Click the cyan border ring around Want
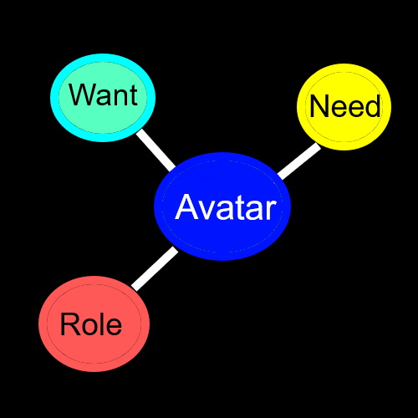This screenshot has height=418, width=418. point(103,58)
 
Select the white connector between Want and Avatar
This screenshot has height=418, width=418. point(156,149)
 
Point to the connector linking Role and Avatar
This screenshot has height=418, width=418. point(155,268)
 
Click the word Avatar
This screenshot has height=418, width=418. point(225,207)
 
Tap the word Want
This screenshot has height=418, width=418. point(103,94)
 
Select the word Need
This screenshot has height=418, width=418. point(344,106)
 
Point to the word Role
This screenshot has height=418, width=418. point(90,324)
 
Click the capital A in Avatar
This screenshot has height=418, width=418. point(186,207)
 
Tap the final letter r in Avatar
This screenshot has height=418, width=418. point(269,209)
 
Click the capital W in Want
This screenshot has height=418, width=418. point(81,94)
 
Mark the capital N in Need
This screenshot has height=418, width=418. point(319,106)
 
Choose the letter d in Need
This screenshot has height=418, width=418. point(372,106)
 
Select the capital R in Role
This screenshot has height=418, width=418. point(69,324)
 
